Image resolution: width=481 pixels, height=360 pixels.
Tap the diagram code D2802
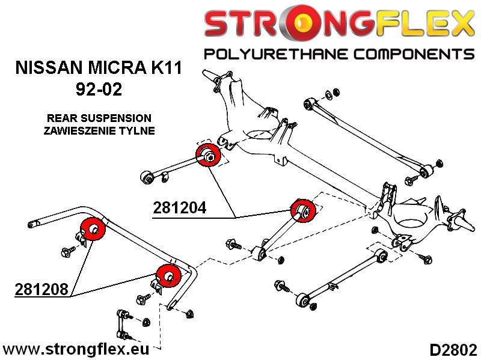(453, 349)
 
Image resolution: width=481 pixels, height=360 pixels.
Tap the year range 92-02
(99, 91)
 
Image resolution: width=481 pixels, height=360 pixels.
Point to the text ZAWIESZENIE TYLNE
(99, 129)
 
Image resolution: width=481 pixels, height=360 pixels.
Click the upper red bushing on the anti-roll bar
(92, 228)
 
